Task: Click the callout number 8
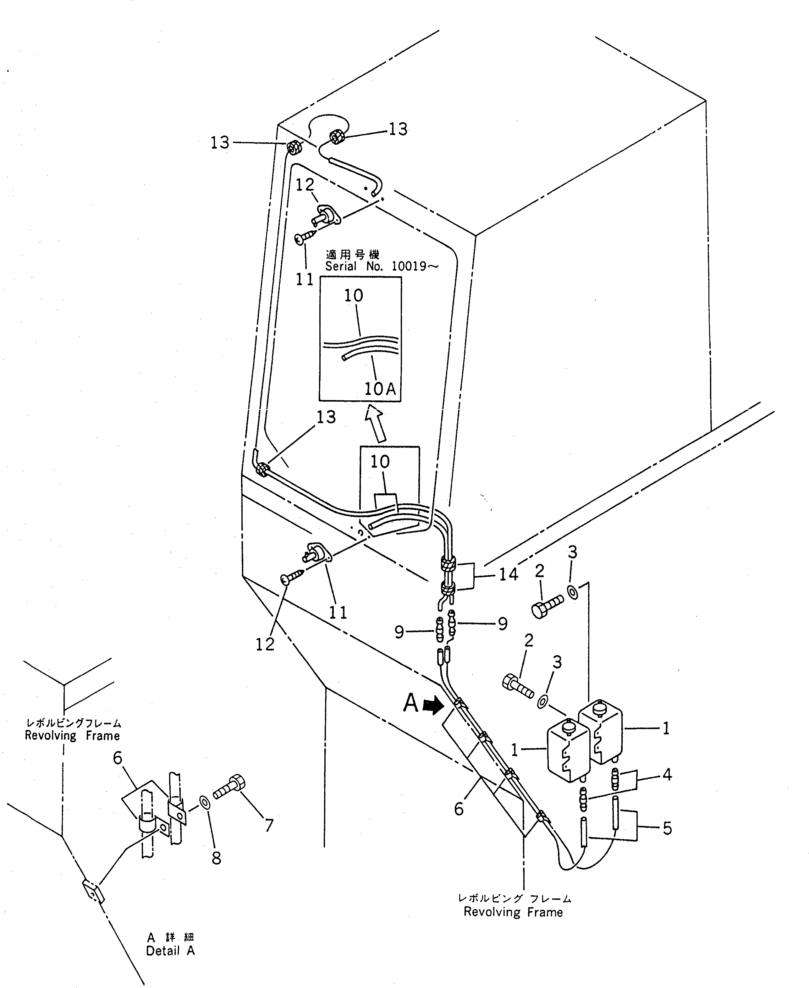point(216,858)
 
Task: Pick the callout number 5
point(667,828)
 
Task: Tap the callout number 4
point(667,775)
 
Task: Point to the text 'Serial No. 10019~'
point(382,266)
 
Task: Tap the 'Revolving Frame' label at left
point(72,736)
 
